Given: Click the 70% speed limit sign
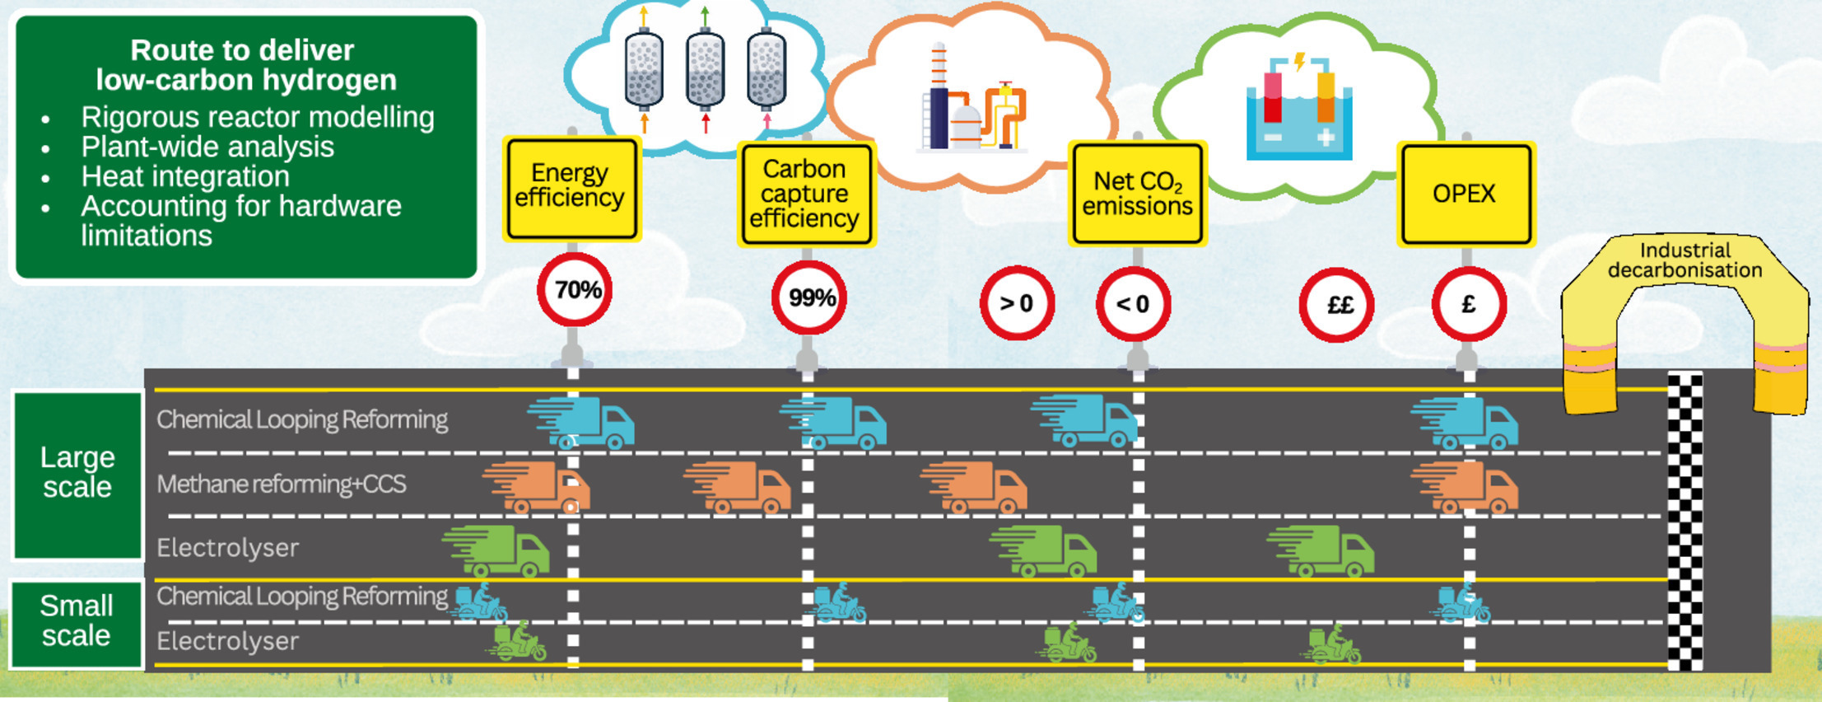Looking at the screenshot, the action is click(575, 290).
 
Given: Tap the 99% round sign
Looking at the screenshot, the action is click(808, 297).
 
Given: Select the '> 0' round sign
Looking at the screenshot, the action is click(1017, 303).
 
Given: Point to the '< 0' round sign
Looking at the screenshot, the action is click(1133, 304).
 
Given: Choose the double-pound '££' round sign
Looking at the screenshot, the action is click(1336, 305).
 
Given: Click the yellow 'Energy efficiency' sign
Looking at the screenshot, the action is click(572, 189).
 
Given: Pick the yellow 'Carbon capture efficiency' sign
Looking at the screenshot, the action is click(806, 194).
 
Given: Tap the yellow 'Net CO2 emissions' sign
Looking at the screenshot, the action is click(1138, 194).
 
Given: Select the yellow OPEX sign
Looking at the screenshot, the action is click(1466, 194).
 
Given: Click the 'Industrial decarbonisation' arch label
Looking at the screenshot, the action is click(1685, 260).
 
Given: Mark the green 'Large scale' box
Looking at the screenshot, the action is click(78, 475).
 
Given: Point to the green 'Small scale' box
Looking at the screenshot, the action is click(77, 622).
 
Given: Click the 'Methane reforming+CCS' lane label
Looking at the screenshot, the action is click(282, 484).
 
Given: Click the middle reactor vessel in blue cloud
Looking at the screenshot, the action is click(706, 69).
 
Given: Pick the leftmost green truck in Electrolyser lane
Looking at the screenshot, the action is click(496, 550).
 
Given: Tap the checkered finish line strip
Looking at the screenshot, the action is click(1685, 521).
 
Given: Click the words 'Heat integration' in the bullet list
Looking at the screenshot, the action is click(185, 176).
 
